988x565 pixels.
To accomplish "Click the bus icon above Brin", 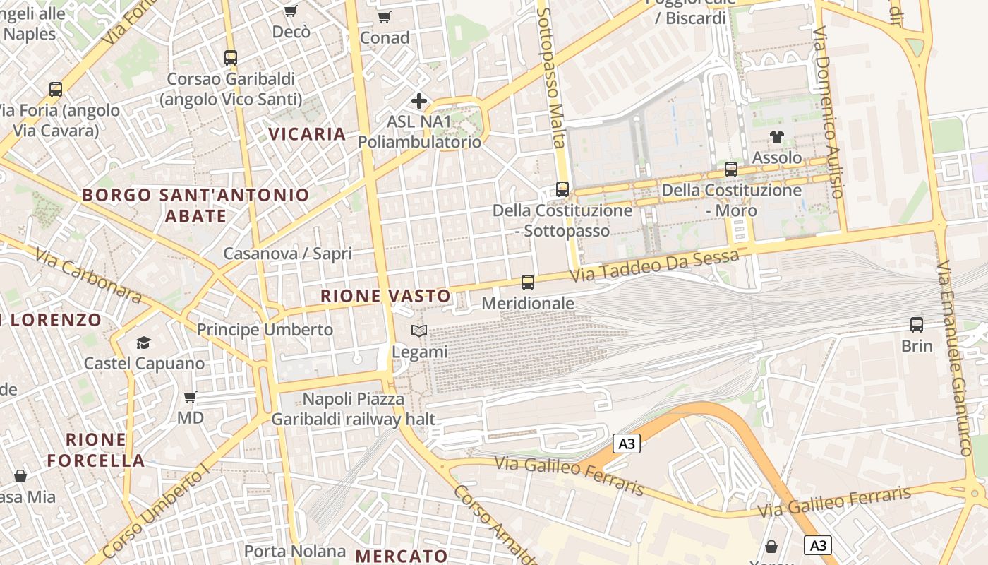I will (x=917, y=325).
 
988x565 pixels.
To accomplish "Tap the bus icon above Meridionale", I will (x=528, y=282).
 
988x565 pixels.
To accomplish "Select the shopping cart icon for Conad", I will (x=384, y=17).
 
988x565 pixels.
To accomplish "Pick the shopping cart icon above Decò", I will (x=290, y=11).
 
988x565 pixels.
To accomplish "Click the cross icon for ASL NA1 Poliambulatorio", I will (x=419, y=101).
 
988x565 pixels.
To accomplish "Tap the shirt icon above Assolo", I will (x=777, y=137).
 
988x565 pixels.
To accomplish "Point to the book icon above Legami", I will (x=419, y=331).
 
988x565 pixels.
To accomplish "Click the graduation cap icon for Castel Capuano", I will (x=144, y=343).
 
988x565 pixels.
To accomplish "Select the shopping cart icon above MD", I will (x=190, y=397).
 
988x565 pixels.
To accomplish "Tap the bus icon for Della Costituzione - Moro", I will (x=731, y=169).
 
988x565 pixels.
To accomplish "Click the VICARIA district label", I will (x=307, y=133).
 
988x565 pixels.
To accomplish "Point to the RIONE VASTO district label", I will (x=385, y=296).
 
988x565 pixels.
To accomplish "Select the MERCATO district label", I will (x=401, y=556).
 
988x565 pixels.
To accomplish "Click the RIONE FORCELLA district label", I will (x=96, y=450).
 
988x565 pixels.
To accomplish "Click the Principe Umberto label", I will (x=265, y=330).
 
